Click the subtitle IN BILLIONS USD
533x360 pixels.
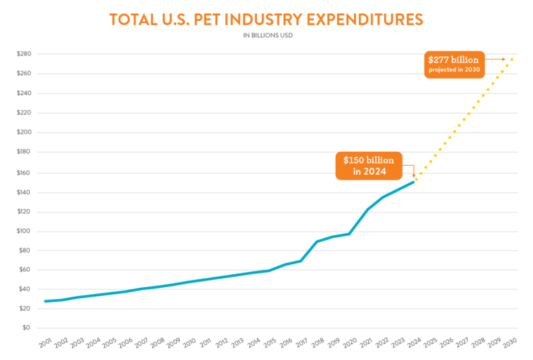pyautogui.click(x=266, y=35)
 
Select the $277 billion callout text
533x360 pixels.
pyautogui.click(x=453, y=60)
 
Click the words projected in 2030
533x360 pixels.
pyautogui.click(x=453, y=70)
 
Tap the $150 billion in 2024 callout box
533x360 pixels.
pyautogui.click(x=369, y=166)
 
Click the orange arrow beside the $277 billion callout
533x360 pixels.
pyautogui.click(x=496, y=60)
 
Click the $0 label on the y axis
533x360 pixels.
pyautogui.click(x=25, y=327)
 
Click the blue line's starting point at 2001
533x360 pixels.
pyautogui.click(x=45, y=301)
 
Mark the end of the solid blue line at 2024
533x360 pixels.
pyautogui.click(x=414, y=181)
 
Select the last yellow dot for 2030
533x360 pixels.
pyautogui.click(x=512, y=60)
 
